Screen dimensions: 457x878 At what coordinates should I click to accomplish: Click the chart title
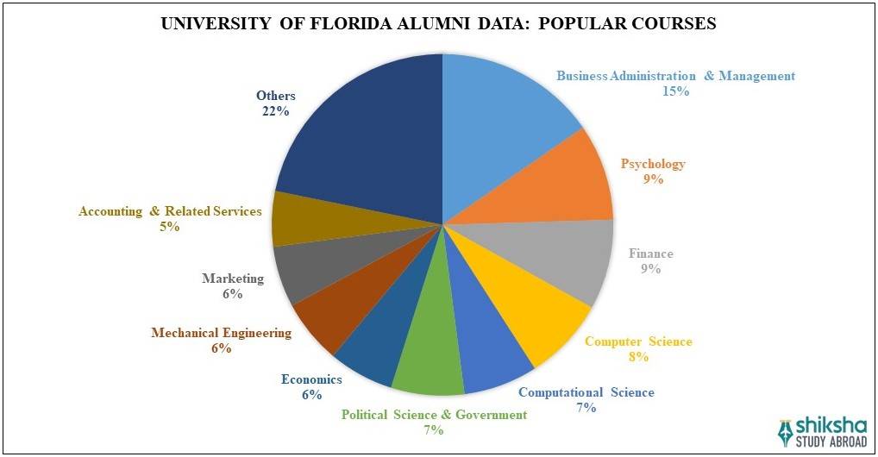pyautogui.click(x=439, y=24)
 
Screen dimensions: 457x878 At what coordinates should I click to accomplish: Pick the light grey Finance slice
pyautogui.click(x=561, y=259)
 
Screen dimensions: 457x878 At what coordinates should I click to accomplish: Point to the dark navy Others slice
pyautogui.click(x=362, y=129)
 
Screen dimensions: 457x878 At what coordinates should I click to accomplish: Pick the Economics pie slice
pyautogui.click(x=371, y=341)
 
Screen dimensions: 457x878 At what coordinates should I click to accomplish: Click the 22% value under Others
pyautogui.click(x=275, y=111)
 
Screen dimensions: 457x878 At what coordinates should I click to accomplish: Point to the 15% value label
pyautogui.click(x=675, y=91)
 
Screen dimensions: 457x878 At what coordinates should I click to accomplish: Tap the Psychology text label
pyautogui.click(x=653, y=164)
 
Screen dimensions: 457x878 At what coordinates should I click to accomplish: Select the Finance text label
pyautogui.click(x=650, y=254)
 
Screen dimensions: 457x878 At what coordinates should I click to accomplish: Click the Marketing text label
pyautogui.click(x=232, y=279)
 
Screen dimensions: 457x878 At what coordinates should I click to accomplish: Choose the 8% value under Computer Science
pyautogui.click(x=637, y=357)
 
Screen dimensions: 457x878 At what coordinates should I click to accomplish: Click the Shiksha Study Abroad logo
pyautogui.click(x=823, y=431)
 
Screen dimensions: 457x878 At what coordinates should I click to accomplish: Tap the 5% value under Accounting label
pyautogui.click(x=169, y=227)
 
